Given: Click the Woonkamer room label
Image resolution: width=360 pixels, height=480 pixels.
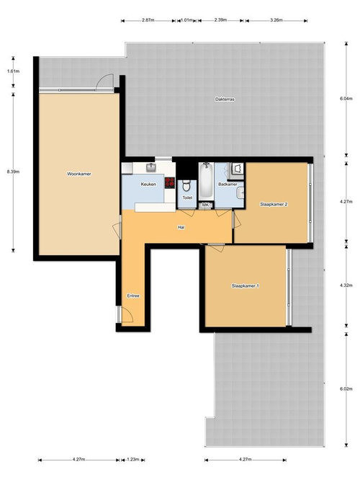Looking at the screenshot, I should click(x=78, y=174).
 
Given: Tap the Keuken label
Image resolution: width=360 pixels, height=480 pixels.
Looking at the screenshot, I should click(x=149, y=185).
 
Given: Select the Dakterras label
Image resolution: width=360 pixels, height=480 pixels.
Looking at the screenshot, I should click(x=225, y=99).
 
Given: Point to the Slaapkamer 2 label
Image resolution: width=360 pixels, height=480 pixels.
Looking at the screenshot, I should click(x=274, y=205).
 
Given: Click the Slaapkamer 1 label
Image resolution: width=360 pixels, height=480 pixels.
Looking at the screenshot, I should click(x=246, y=286).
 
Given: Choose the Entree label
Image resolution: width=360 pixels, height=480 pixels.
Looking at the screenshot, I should click(x=133, y=296).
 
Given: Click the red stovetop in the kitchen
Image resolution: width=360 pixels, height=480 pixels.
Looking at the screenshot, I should click(x=171, y=182).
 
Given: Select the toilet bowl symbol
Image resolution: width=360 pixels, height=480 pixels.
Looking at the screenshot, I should click(x=186, y=185).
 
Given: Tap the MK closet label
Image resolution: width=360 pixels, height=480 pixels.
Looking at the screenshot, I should click(x=205, y=205).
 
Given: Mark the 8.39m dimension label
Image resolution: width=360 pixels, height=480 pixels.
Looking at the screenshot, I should click(x=12, y=172).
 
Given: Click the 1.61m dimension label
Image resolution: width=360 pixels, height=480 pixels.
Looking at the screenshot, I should click(x=12, y=71).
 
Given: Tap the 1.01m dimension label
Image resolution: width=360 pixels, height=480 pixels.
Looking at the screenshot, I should click(x=186, y=20).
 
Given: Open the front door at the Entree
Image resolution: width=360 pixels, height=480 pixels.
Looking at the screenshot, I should click(x=125, y=314).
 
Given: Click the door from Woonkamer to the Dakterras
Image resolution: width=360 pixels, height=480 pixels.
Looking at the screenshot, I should click(x=105, y=82).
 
